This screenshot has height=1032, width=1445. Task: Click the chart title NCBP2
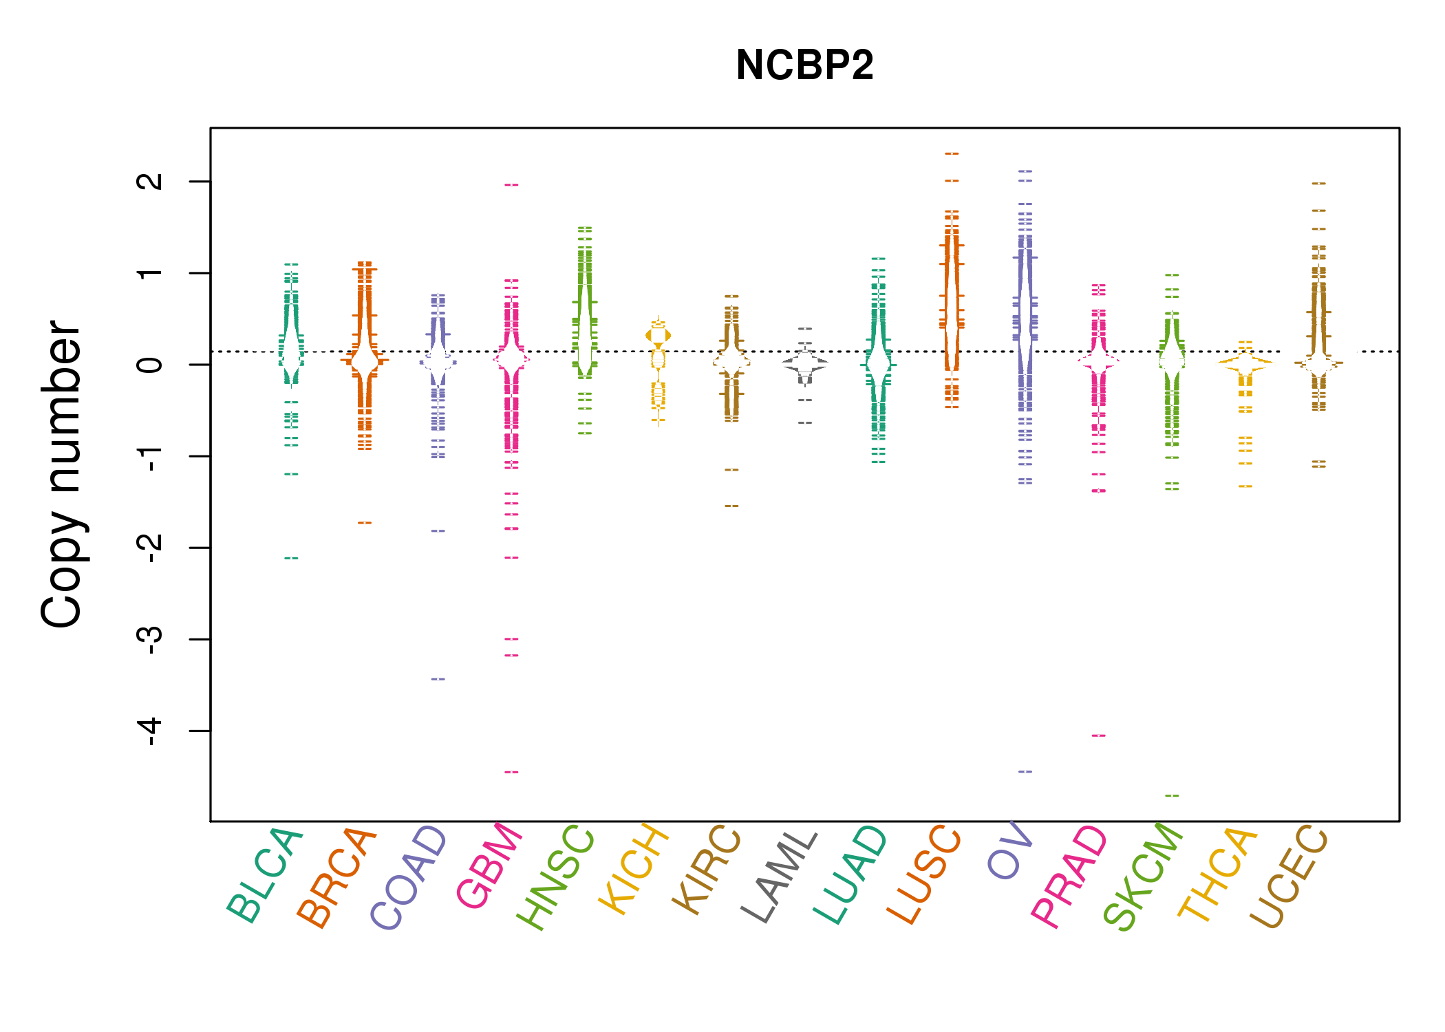click(804, 65)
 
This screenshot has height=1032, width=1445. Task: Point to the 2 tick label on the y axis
click(150, 182)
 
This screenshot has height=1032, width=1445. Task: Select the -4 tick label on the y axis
click(150, 731)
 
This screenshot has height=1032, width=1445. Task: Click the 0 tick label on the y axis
click(150, 365)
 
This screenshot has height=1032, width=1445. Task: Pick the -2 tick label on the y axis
click(150, 548)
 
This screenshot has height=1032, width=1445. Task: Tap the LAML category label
click(780, 877)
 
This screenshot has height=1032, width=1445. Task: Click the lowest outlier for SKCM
click(1172, 796)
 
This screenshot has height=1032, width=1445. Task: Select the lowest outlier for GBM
click(511, 772)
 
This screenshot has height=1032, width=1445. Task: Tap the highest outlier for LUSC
click(952, 153)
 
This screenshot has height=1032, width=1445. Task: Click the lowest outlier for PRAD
click(1098, 735)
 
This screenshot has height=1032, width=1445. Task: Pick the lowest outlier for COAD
click(438, 679)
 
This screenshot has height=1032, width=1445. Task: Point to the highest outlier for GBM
click(511, 185)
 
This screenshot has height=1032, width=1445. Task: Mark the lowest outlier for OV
click(1025, 771)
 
